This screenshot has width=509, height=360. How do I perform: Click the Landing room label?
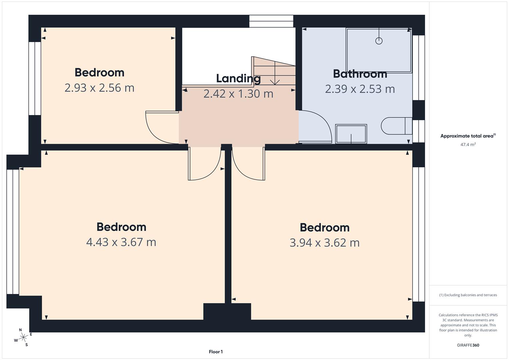(238, 79)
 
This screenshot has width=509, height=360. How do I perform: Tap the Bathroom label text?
(360, 74)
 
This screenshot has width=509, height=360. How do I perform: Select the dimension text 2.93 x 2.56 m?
(99, 88)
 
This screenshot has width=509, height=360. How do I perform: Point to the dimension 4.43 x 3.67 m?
(121, 242)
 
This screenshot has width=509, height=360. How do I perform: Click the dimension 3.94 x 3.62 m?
(324, 243)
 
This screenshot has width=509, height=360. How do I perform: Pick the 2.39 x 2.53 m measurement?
(360, 89)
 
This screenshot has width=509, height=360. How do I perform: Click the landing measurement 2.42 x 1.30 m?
(238, 94)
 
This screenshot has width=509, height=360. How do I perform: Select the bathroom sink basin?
(351, 134)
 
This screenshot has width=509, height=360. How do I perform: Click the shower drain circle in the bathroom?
(379, 41)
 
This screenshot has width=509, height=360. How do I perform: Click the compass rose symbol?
(23, 337)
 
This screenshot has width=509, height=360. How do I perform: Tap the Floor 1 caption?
(216, 352)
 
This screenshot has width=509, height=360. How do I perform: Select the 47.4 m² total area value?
(468, 145)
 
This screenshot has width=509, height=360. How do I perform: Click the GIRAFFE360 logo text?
(468, 345)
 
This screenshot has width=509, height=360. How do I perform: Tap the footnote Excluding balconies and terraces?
(468, 295)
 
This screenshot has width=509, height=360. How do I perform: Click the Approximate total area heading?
(468, 136)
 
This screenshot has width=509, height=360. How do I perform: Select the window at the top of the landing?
(271, 21)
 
